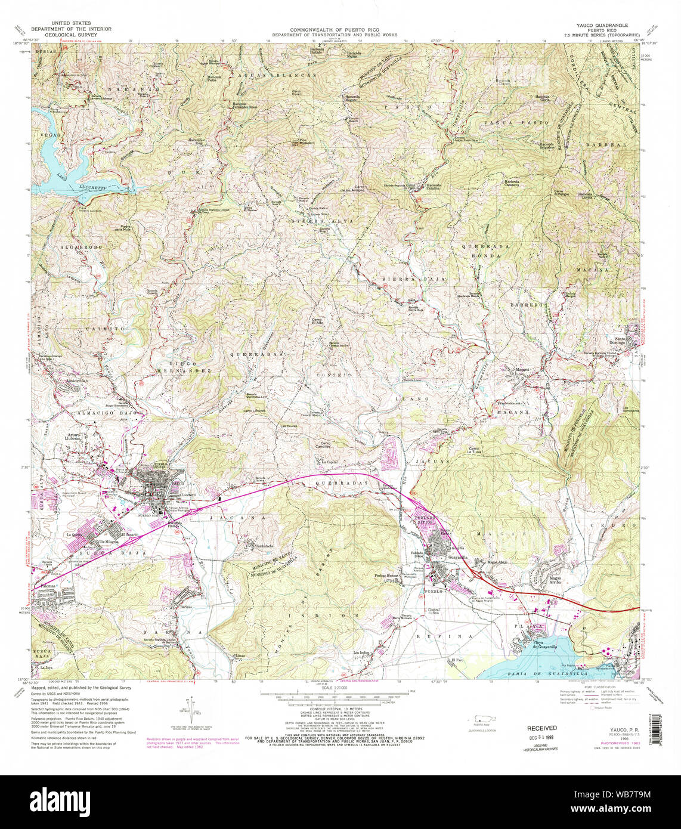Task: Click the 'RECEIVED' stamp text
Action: coord(541,728)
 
